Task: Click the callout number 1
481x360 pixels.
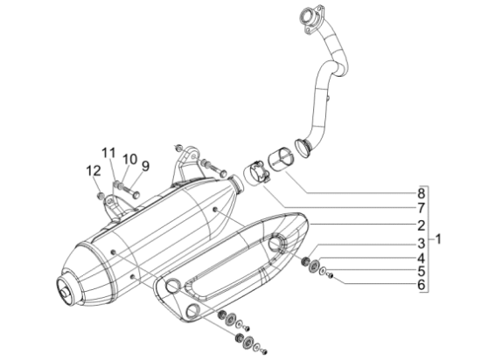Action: [x=438, y=239]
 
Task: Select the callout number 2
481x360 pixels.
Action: [x=422, y=225]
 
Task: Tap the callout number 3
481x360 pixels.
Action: [x=422, y=244]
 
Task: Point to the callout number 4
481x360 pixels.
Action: [x=422, y=259]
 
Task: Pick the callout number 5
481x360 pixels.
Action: [x=422, y=272]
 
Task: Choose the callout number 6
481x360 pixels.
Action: [x=422, y=285]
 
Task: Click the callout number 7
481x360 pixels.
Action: [x=422, y=208]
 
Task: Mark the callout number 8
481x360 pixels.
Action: [x=422, y=194]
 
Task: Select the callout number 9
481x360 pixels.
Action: [x=145, y=166]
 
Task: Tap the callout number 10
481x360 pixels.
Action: [x=129, y=159]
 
